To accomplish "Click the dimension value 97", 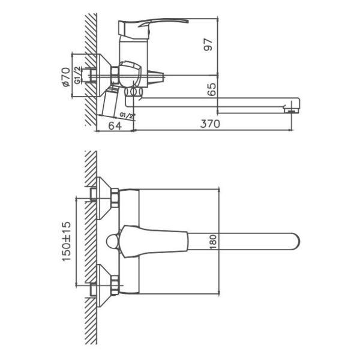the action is tap(208, 44).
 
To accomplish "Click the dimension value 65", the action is tap(211, 89).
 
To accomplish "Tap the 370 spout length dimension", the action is tap(210, 124).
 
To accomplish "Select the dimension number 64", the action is tap(115, 125).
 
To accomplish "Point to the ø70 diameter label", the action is tap(66, 77).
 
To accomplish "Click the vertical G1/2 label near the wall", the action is tap(77, 75).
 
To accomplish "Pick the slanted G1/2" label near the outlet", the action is tap(127, 115).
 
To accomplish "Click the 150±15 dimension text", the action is tap(67, 241).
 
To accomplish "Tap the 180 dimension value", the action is tap(213, 242).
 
